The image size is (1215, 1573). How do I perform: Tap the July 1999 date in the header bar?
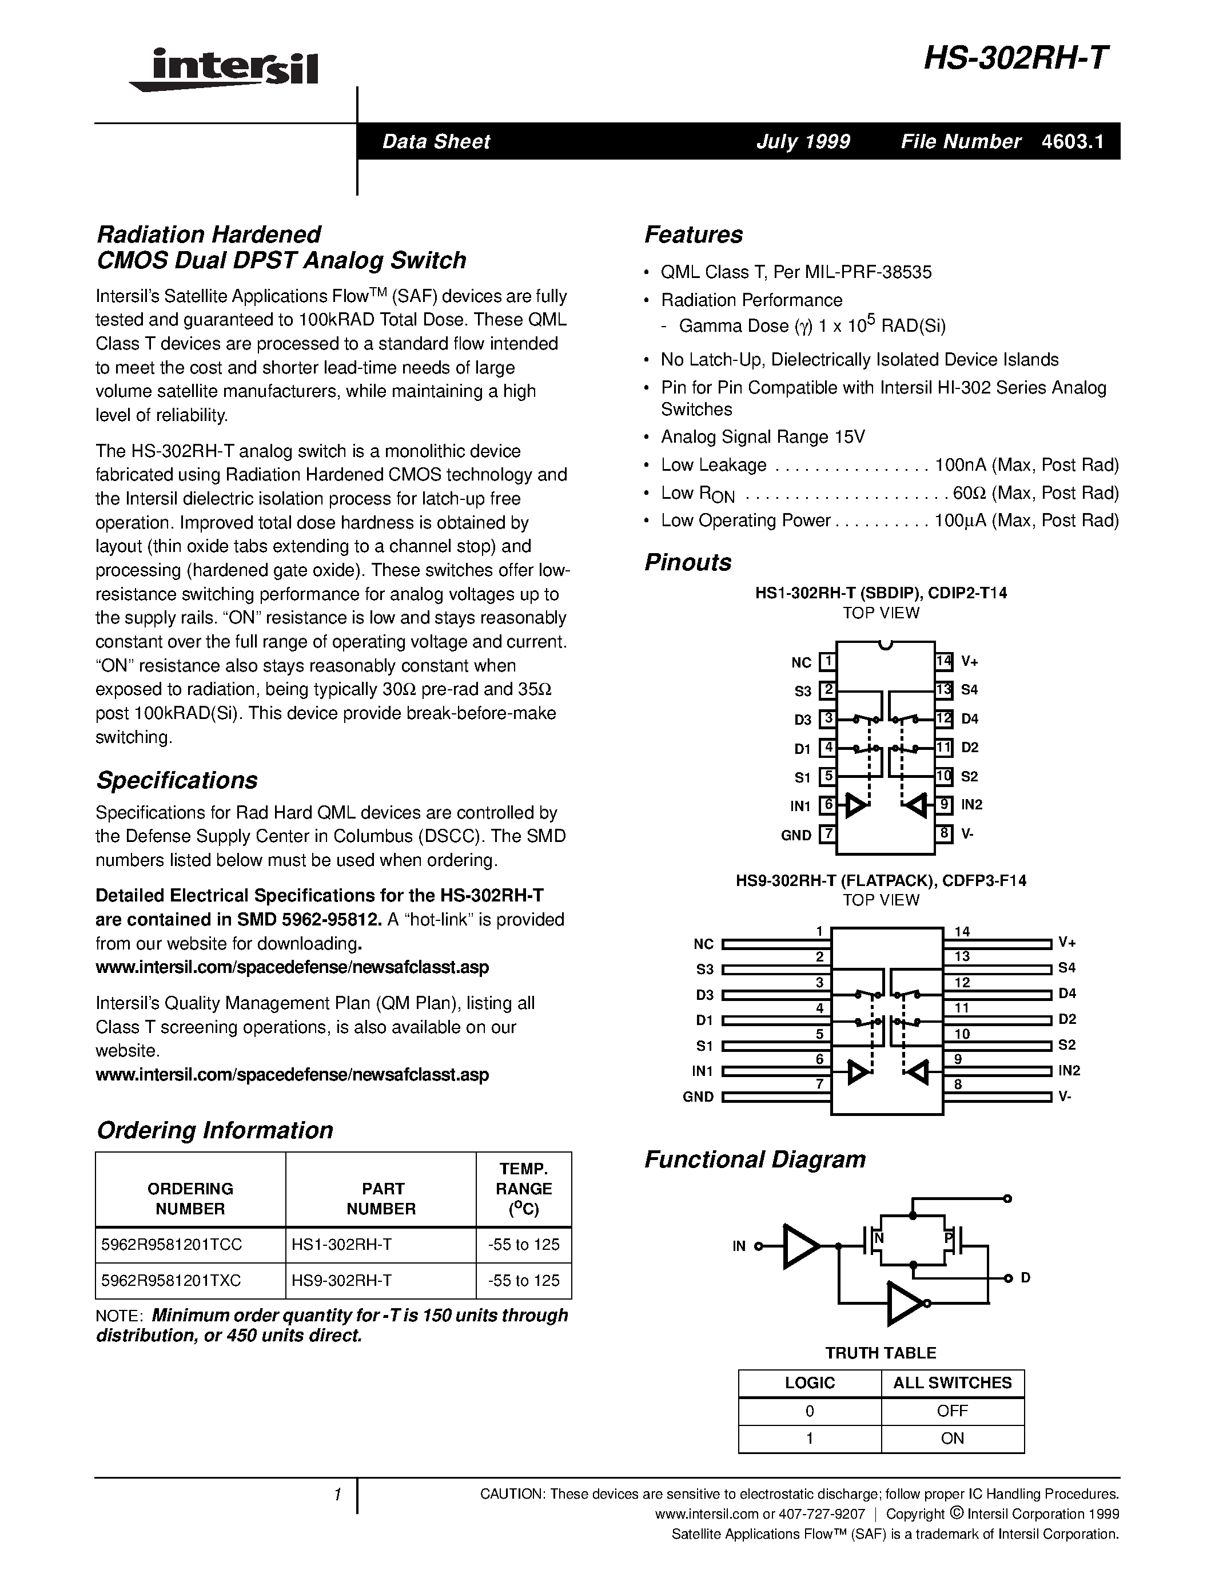(x=803, y=141)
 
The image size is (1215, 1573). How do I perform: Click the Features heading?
(x=693, y=235)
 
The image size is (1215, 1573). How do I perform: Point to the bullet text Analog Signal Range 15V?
(x=763, y=437)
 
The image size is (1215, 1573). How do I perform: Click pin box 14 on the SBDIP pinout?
(x=943, y=661)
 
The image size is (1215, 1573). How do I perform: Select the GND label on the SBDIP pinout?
(x=796, y=836)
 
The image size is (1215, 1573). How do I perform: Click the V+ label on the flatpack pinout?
(x=1067, y=943)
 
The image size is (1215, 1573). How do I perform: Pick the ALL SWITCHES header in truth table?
(x=953, y=1383)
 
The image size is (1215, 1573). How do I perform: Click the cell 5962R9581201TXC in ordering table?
(x=172, y=1281)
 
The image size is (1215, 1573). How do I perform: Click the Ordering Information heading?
(x=214, y=1131)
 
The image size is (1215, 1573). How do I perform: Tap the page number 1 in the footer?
(x=337, y=1495)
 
